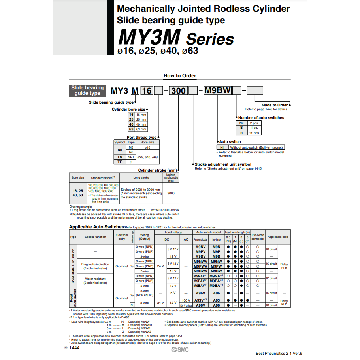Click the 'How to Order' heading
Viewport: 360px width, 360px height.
[x=180, y=75]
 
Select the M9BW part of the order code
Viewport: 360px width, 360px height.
[x=217, y=90]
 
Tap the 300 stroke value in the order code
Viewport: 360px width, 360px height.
[x=179, y=90]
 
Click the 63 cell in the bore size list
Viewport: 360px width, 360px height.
[x=131, y=129]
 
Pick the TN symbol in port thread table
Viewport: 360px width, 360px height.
[x=120, y=157]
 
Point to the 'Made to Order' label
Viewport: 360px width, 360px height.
[x=275, y=105]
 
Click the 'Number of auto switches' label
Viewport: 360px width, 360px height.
[x=261, y=117]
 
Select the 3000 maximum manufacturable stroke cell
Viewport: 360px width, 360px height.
[x=171, y=194]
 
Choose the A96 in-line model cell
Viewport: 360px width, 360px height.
[x=216, y=293]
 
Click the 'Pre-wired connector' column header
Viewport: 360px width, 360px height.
[x=258, y=237]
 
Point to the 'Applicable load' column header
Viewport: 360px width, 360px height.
[x=278, y=237]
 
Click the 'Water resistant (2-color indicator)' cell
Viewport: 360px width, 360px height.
[x=95, y=281]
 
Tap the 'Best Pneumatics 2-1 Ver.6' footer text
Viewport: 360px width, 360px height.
[x=279, y=354]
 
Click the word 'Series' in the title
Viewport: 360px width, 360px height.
[x=210, y=39]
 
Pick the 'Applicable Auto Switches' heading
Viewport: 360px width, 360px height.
[x=96, y=227]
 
